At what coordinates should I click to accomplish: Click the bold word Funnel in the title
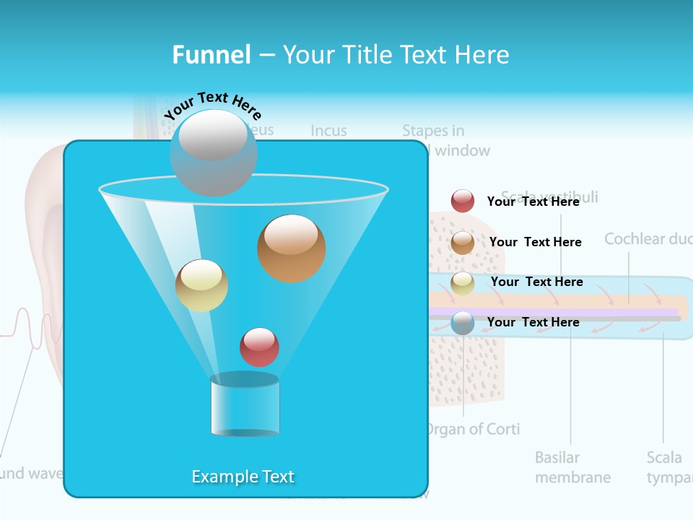tap(211, 55)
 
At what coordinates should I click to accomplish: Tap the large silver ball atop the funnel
tap(213, 152)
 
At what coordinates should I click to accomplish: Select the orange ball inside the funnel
tap(291, 248)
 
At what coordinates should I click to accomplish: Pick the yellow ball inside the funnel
tap(201, 285)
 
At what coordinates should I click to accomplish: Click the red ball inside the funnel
tap(259, 347)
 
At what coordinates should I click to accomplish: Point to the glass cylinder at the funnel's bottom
tap(245, 406)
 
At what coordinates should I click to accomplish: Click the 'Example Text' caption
tap(243, 477)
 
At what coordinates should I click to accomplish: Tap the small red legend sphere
tap(462, 201)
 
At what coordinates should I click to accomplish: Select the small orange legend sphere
tap(462, 242)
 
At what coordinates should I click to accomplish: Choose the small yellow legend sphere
tap(462, 282)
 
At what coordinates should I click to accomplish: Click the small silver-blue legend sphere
tap(462, 322)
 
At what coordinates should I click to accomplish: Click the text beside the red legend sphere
tap(533, 201)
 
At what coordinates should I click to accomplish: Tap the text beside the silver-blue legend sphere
tap(533, 322)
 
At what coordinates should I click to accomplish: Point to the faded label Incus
tap(328, 131)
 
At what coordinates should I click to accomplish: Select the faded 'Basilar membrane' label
tap(572, 467)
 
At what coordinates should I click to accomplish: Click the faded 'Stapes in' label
tap(433, 131)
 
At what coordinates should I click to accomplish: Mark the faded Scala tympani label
tap(668, 467)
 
